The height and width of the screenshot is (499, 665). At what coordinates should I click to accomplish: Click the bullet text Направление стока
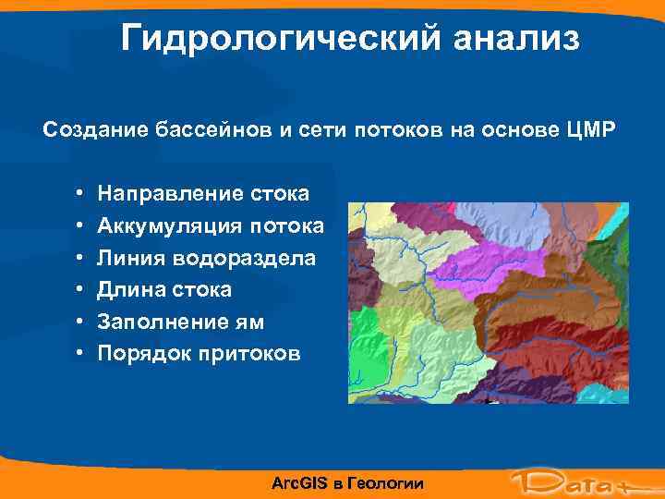point(204,194)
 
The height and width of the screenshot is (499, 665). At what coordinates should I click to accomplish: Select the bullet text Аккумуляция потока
point(211,226)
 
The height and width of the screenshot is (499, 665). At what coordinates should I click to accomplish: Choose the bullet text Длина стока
point(165,290)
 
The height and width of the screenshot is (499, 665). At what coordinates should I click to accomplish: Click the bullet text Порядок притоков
point(199,354)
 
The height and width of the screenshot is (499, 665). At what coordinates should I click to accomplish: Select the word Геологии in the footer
point(387,483)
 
